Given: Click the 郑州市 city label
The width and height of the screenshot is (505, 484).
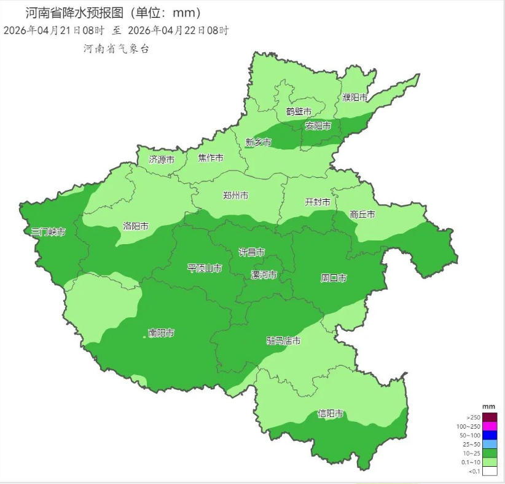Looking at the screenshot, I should click(236, 196).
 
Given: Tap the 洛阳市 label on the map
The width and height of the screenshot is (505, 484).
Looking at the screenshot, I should click(136, 226).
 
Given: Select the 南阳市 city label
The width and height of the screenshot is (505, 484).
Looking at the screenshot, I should click(162, 333).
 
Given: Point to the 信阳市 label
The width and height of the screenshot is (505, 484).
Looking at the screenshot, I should click(330, 414).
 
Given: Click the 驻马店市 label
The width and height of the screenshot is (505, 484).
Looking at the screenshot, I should click(283, 341).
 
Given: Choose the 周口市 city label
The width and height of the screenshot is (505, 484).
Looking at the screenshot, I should click(334, 279).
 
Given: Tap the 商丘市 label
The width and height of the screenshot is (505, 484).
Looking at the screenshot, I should click(362, 215).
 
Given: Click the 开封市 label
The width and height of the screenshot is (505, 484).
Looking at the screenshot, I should click(318, 202).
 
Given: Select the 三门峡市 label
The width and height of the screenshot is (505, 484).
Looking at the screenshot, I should click(49, 232).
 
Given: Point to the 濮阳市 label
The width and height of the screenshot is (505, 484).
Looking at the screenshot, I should click(355, 98).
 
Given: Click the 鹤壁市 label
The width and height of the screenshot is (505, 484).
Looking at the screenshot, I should click(299, 112).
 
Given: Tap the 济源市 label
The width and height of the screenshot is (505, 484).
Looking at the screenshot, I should click(162, 160).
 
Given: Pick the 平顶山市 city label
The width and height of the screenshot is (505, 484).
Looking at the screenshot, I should click(205, 268).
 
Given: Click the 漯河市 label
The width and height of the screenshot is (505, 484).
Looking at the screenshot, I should click(264, 274).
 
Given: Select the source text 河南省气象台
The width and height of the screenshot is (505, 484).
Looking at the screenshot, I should click(116, 49).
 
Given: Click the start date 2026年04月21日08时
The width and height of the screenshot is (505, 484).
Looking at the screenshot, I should click(54, 30).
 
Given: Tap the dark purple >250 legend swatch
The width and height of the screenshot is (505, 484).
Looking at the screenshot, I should click(489, 418).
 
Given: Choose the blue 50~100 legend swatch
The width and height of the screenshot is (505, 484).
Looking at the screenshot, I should click(489, 435).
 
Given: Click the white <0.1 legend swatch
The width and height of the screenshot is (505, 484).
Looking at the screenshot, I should click(489, 471).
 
